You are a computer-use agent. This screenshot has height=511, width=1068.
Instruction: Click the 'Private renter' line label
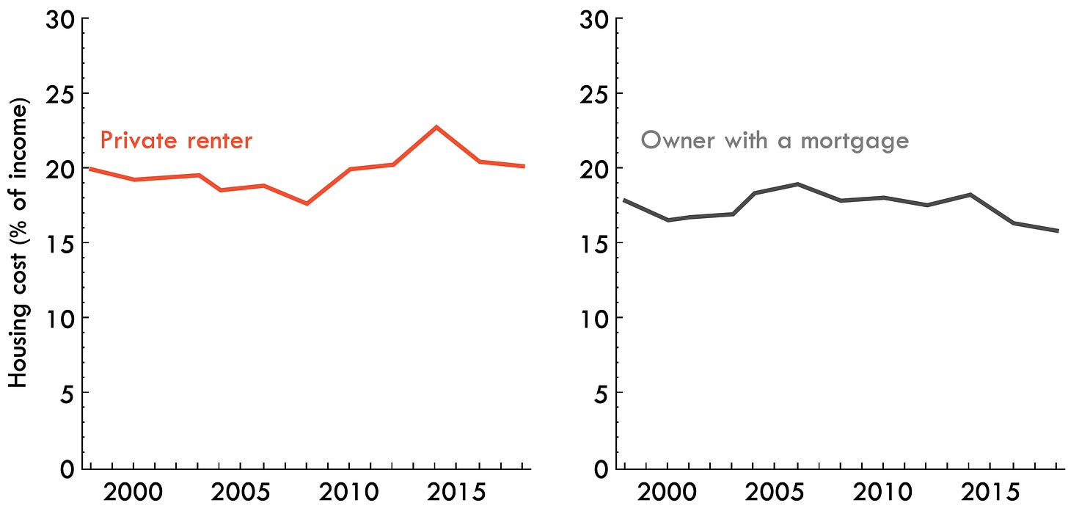tap(176, 139)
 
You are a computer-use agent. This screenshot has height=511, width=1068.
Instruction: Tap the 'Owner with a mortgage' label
tap(775, 140)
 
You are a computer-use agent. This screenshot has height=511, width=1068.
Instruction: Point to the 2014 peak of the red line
tap(436, 127)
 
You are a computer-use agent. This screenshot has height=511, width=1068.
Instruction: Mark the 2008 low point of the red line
tap(307, 203)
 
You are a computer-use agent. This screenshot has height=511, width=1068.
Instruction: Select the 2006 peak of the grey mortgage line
tap(798, 184)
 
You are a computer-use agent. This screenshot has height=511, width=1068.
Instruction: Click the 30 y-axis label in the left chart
tap(59, 19)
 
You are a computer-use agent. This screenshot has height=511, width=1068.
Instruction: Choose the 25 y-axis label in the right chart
tap(593, 94)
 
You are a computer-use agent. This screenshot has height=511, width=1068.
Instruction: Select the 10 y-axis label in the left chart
tap(60, 318)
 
